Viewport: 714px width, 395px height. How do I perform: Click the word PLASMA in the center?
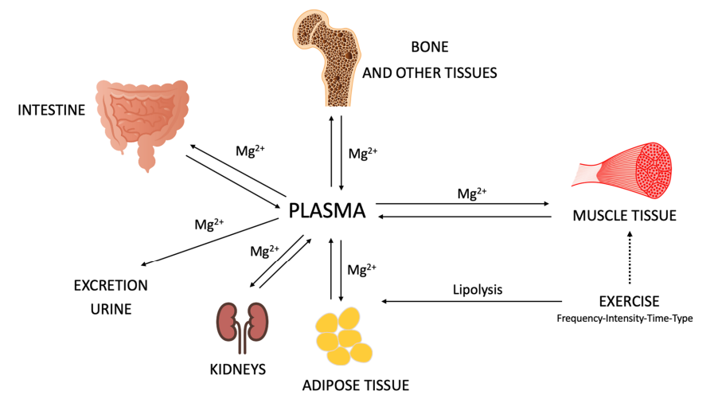click(327, 211)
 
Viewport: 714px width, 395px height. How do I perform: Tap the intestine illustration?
click(144, 119)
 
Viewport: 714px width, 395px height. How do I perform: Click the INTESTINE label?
click(51, 110)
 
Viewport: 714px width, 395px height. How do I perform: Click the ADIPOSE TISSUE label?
click(355, 385)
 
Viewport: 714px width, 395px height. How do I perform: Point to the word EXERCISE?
click(629, 301)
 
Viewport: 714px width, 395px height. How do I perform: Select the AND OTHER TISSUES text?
click(430, 72)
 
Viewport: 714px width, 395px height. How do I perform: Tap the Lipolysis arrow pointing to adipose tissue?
click(474, 302)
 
